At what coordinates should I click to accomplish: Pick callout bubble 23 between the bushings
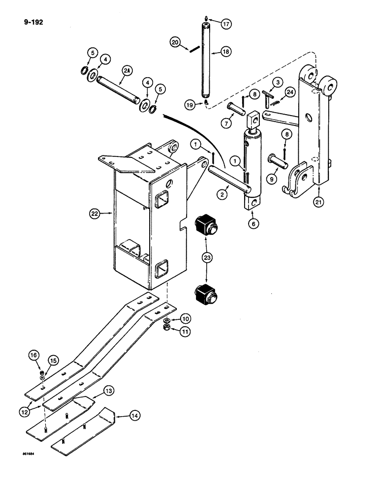tap(205, 256)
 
